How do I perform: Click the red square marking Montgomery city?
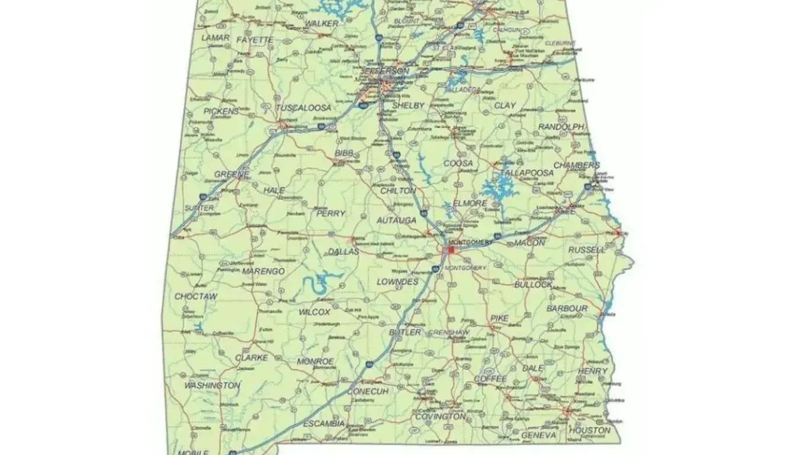pos(450,251)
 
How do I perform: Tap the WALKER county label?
pos(321,24)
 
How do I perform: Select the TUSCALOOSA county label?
pos(303,108)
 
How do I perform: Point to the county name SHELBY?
pos(408,105)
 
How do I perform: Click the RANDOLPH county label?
pos(561,127)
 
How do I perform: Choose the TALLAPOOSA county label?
pos(527,173)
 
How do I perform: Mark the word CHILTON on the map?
pos(397,191)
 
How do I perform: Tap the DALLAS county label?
pos(344,252)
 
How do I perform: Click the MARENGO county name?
pos(263,271)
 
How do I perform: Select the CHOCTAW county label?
pos(196,296)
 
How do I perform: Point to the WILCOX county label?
pos(314,312)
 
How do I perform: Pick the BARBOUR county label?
pos(567,309)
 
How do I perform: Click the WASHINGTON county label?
pos(212,386)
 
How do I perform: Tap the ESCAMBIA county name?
pos(324,424)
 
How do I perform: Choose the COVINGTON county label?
pos(439,416)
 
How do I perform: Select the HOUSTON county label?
pos(589,430)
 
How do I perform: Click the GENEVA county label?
pos(538,435)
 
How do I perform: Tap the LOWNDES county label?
pos(397,282)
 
